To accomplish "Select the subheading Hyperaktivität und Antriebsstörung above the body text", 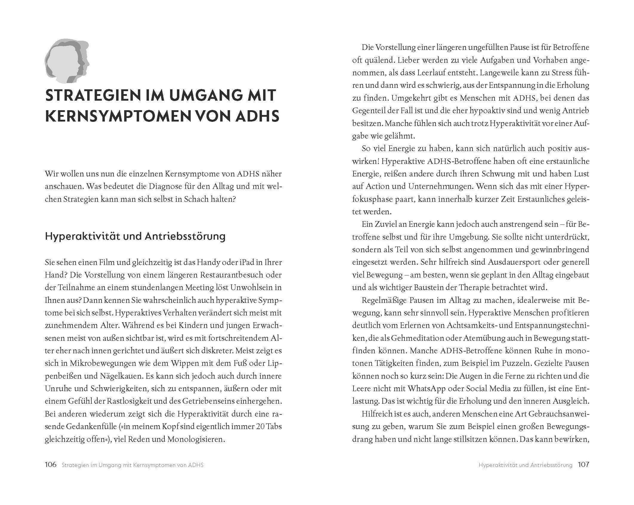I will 135,236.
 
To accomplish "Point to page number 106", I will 50,465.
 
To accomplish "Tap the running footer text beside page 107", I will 525,465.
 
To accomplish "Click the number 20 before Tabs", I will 260,427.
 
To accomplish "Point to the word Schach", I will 197,199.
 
